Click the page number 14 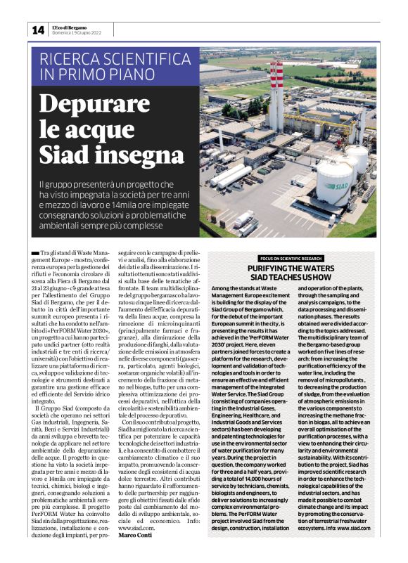(x=37, y=30)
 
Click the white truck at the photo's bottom (x=245, y=219)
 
